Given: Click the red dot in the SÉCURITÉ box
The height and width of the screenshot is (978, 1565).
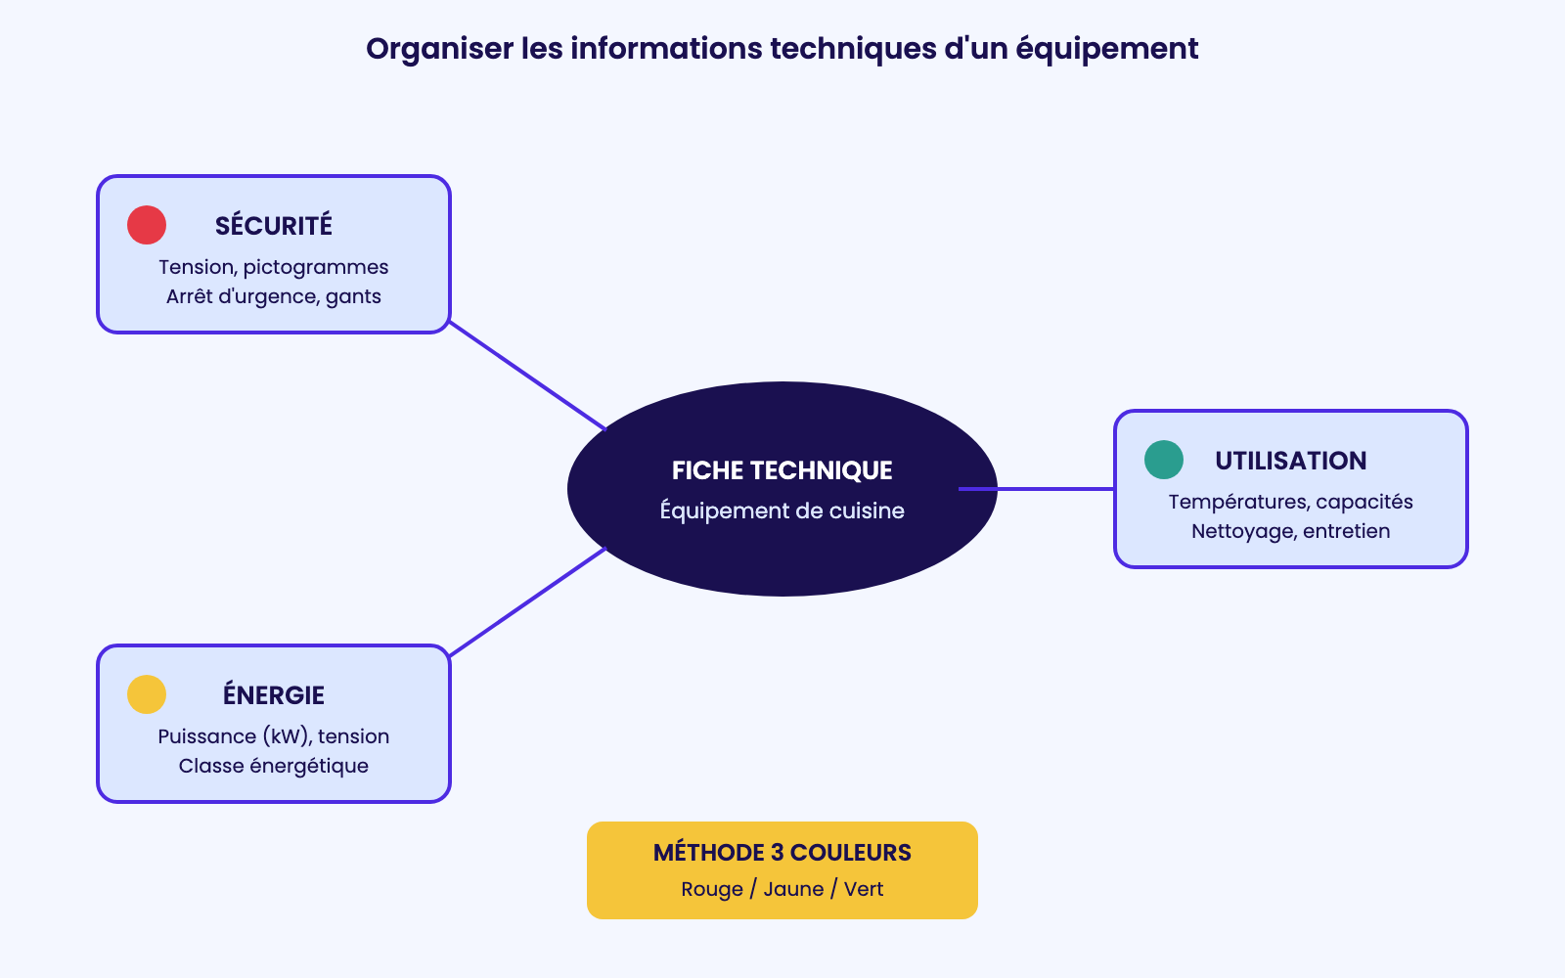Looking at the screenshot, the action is click(x=147, y=225).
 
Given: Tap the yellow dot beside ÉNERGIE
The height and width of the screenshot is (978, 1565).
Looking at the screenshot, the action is click(x=147, y=694).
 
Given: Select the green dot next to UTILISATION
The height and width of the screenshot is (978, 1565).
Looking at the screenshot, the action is click(x=1164, y=460).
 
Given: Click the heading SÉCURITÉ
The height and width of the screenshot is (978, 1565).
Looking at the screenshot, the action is click(x=274, y=226).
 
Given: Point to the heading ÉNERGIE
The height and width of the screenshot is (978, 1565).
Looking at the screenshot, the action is click(x=274, y=695).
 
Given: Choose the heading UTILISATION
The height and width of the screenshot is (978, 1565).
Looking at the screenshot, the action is click(x=1291, y=461).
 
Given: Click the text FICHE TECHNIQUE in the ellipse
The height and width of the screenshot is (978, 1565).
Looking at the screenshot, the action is click(x=782, y=470).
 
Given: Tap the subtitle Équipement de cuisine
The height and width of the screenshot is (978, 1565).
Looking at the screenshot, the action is click(x=782, y=511).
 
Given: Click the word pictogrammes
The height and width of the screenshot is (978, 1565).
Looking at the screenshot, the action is click(x=316, y=268).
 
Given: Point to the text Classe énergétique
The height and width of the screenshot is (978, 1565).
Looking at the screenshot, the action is click(x=274, y=767).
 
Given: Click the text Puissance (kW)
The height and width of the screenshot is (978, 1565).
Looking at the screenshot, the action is click(x=235, y=737).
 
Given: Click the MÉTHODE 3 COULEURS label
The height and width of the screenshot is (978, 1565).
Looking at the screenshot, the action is click(x=782, y=853).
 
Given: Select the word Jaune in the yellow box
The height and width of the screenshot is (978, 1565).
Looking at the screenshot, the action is click(x=793, y=889).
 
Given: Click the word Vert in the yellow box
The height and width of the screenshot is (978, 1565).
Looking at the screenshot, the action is click(x=864, y=889).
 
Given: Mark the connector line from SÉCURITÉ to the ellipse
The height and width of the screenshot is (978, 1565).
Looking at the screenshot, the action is click(x=527, y=376).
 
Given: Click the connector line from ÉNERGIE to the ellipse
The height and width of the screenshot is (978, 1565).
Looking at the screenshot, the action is click(x=527, y=602).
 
